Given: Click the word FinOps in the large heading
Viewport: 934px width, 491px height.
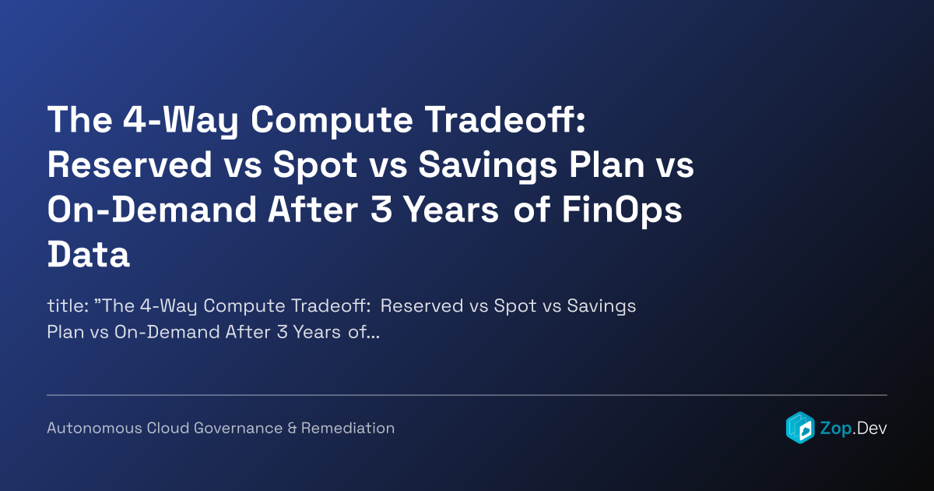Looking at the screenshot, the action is coord(622,210).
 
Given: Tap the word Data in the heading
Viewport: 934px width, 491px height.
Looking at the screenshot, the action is coord(89,254).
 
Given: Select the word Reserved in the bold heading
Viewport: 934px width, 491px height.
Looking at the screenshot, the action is coord(130,164).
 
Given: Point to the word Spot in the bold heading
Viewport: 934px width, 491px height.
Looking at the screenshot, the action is coord(315,166).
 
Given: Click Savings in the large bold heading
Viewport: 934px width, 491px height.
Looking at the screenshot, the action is coord(487,166).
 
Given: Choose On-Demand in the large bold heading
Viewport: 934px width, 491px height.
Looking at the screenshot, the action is coord(152,210).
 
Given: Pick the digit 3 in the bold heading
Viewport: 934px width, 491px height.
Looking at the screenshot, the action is coord(381,210).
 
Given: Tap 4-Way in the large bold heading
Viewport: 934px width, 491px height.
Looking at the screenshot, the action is coord(181,121).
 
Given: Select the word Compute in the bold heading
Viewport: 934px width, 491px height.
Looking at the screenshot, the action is coord(332,121).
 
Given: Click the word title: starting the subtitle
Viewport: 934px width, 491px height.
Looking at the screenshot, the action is coord(68,306).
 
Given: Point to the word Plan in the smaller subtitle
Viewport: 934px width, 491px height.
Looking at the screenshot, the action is coord(65,332).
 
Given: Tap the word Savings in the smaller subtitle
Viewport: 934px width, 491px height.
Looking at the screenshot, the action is coord(601,306).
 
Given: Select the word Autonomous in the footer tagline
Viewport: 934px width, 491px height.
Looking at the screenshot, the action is coord(95,428).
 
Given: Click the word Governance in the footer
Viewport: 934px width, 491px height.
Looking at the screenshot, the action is coord(238,428).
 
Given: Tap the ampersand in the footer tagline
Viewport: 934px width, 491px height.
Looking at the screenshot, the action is coord(292,428).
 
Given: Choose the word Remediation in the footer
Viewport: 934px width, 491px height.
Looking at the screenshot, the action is coord(348,428).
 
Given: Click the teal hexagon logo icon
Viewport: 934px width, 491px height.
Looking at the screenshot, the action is coord(800,428).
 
